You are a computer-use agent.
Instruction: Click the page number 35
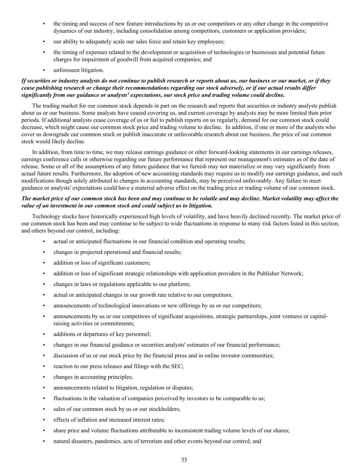coord(184,460)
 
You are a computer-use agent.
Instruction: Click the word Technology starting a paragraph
coord(46,216)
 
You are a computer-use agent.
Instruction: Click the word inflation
coord(83,420)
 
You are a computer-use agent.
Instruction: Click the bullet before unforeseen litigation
coord(44,70)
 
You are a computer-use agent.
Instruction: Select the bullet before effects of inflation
coord(44,420)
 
